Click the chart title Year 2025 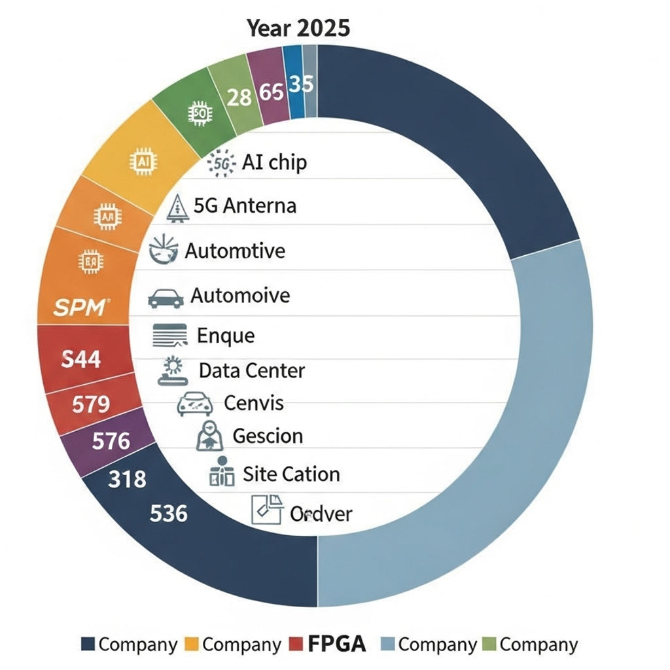pyautogui.click(x=298, y=28)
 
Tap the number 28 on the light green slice pyautogui.click(x=239, y=97)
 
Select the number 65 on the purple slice pyautogui.click(x=271, y=92)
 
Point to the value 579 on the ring pyautogui.click(x=90, y=404)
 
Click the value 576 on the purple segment pyautogui.click(x=111, y=441)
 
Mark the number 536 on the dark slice pyautogui.click(x=168, y=513)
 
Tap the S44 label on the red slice pyautogui.click(x=80, y=359)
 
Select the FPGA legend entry pyautogui.click(x=336, y=644)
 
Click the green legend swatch pyautogui.click(x=489, y=644)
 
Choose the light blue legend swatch pyautogui.click(x=387, y=644)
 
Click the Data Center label pyautogui.click(x=252, y=371)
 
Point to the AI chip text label pyautogui.click(x=274, y=162)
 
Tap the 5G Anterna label pyautogui.click(x=245, y=205)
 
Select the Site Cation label pyautogui.click(x=291, y=474)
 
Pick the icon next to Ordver pyautogui.click(x=267, y=509)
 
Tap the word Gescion pyautogui.click(x=268, y=436)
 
